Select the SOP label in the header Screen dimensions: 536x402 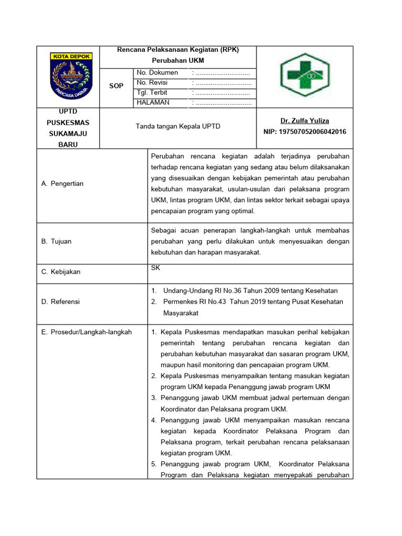point(116,86)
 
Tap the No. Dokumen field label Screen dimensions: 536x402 point(157,73)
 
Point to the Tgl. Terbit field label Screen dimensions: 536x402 point(152,93)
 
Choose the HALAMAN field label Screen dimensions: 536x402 point(153,103)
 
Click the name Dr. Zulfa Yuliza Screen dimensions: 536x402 point(304,121)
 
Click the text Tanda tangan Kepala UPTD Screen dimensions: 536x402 point(178,127)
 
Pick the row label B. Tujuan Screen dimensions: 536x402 point(56,241)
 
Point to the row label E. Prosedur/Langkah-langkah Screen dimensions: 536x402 point(86,332)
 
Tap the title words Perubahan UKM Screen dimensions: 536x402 point(178,61)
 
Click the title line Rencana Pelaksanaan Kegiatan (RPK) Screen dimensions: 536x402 point(178,50)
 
